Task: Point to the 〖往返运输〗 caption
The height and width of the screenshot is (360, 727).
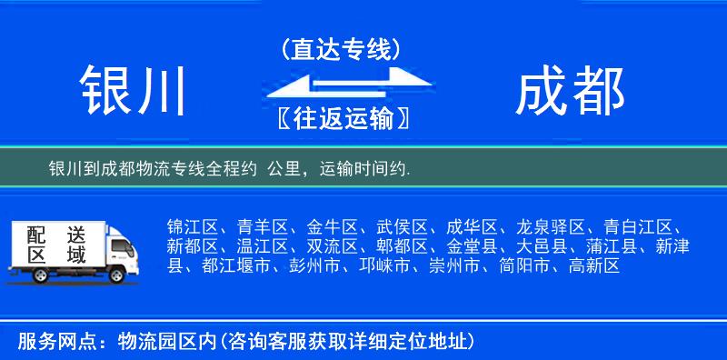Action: click(341, 119)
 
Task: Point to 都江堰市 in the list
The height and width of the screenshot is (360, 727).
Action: click(236, 266)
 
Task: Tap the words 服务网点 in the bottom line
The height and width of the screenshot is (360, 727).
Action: click(46, 342)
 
